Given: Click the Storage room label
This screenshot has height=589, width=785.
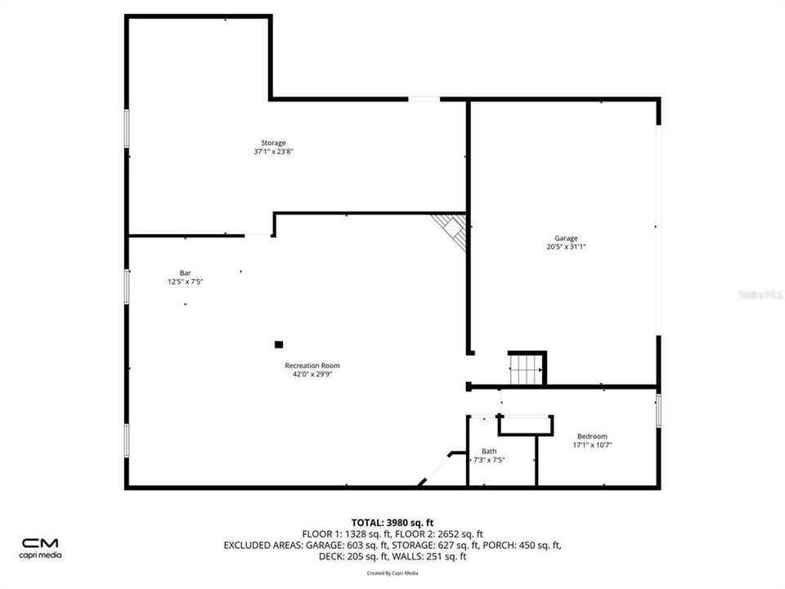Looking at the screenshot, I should coord(273,143).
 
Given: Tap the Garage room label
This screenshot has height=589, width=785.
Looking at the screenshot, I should coord(566,239).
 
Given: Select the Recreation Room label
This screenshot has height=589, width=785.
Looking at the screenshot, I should coord(312,366).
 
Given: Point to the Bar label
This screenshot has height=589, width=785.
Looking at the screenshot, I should coord(186,273).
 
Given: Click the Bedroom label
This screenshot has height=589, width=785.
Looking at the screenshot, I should coord(592,436).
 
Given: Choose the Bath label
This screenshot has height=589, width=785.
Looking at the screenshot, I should coord(489,451).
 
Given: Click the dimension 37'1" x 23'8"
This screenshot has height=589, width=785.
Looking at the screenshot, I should coord(273,151).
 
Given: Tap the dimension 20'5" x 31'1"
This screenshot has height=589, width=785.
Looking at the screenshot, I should coord(566,247).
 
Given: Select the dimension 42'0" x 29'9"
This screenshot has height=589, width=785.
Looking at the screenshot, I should coord(312,375).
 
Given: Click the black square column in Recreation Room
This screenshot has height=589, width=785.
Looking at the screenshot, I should coord(278,344).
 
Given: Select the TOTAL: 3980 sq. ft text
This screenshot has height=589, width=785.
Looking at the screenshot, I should coord(392,522).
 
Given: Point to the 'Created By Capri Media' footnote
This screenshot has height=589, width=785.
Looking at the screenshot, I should coord(392,573).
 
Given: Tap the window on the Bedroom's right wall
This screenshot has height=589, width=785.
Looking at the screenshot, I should coord(658,410).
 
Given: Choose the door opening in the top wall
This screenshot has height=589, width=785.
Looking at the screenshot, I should coord(424,99).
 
